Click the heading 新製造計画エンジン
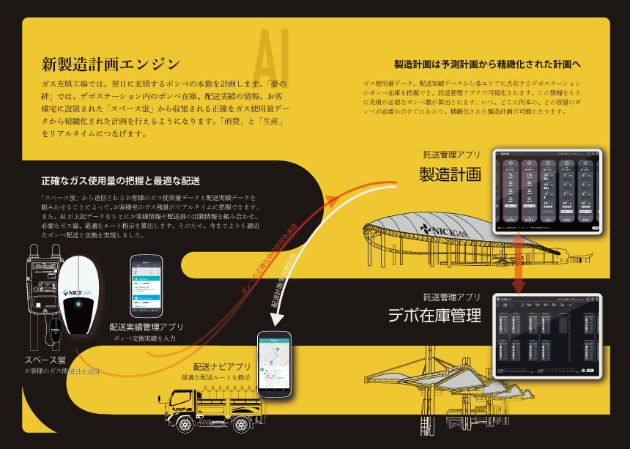pyautogui.click(x=111, y=63)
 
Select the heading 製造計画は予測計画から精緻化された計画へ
pyautogui.click(x=488, y=64)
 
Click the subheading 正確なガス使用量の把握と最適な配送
pyautogui.click(x=121, y=180)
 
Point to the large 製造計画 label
pyautogui.click(x=450, y=174)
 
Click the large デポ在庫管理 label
pyautogui.click(x=434, y=316)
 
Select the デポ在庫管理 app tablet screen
pyautogui.click(x=548, y=335)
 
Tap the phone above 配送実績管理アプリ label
pyautogui.click(x=146, y=286)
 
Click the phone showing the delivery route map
pyautogui.click(x=274, y=364)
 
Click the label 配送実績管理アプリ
pyautogui.click(x=147, y=327)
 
